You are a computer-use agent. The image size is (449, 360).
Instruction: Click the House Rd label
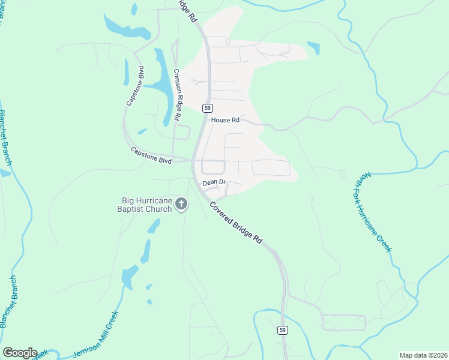(x=225, y=120)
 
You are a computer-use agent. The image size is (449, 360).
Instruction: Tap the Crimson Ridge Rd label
(x=177, y=95)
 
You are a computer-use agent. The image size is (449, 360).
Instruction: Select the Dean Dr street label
(x=214, y=182)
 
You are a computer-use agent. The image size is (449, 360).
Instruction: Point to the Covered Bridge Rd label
(x=236, y=222)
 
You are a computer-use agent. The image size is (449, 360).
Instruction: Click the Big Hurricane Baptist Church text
(x=146, y=205)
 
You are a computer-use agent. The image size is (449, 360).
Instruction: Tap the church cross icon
(x=181, y=205)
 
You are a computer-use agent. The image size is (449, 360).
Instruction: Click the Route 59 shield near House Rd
(x=207, y=108)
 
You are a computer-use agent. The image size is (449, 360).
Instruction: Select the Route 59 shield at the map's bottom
(x=283, y=330)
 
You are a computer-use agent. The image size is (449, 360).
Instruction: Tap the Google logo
(x=20, y=353)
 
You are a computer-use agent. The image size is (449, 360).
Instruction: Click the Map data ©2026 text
(x=423, y=355)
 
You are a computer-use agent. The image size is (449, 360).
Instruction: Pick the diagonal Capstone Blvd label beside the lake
(x=135, y=86)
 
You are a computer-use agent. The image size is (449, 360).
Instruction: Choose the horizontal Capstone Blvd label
(x=152, y=158)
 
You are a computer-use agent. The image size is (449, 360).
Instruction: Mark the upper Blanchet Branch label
(x=5, y=137)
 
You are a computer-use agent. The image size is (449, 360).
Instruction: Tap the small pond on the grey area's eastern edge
(x=313, y=47)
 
